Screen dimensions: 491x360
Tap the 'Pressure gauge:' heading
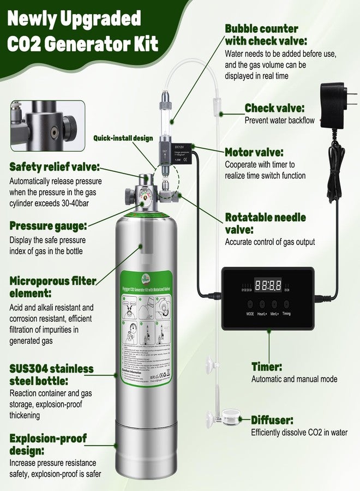(47, 226)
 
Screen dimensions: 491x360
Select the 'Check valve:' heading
(274, 108)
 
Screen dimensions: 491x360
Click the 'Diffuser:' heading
(273, 420)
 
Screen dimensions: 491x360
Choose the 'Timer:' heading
(267, 366)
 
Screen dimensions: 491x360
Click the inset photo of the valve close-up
(47, 126)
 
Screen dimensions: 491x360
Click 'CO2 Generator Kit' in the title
(82, 44)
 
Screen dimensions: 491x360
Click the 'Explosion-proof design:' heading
(48, 444)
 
